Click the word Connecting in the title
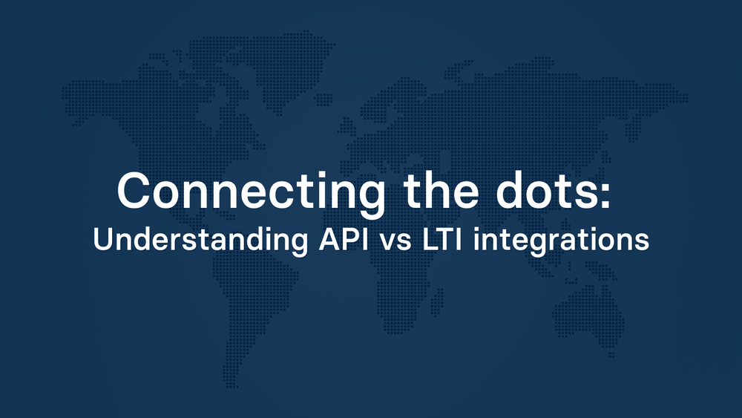[250, 191]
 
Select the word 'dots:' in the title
[565, 191]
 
